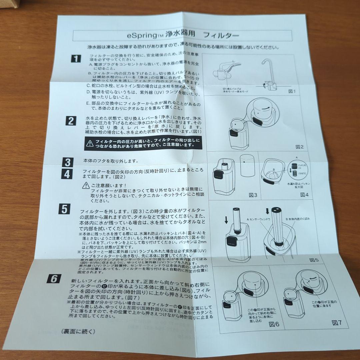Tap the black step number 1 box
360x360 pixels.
tap(76, 59)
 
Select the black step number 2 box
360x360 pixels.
tap(70, 121)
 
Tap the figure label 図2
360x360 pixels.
tap(299, 146)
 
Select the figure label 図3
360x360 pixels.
tap(253, 195)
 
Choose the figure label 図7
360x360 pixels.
tap(337, 322)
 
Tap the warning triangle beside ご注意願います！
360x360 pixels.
tap(86, 185)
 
